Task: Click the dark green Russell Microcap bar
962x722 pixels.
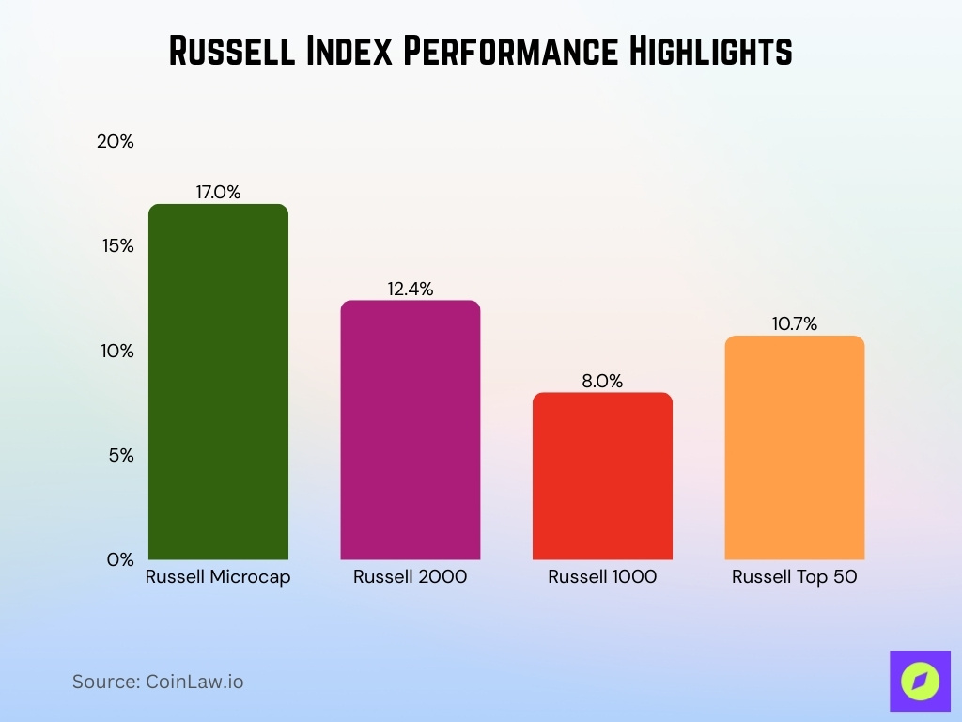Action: (x=218, y=382)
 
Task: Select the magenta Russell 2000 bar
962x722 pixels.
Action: (x=410, y=430)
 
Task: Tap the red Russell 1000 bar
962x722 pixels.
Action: (x=602, y=476)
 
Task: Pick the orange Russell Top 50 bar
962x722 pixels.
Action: (x=795, y=447)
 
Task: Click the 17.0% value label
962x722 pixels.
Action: (x=218, y=193)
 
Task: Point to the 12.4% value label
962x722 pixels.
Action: (x=411, y=290)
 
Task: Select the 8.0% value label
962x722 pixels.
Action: (x=602, y=381)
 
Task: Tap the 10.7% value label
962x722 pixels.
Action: (x=795, y=324)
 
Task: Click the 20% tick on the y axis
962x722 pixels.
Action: (x=116, y=142)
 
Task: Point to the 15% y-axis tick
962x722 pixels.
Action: (x=118, y=246)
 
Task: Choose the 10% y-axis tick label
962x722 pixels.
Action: (x=118, y=351)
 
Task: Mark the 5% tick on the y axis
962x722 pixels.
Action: (x=121, y=455)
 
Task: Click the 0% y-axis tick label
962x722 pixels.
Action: (x=121, y=559)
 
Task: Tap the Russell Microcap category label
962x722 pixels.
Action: (x=218, y=577)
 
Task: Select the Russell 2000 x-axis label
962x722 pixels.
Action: (x=410, y=577)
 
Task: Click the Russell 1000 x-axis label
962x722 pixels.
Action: (x=602, y=577)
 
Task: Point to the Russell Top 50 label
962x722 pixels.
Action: (x=795, y=577)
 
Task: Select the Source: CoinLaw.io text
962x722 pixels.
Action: (x=158, y=682)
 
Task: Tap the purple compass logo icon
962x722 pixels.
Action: (x=920, y=681)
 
